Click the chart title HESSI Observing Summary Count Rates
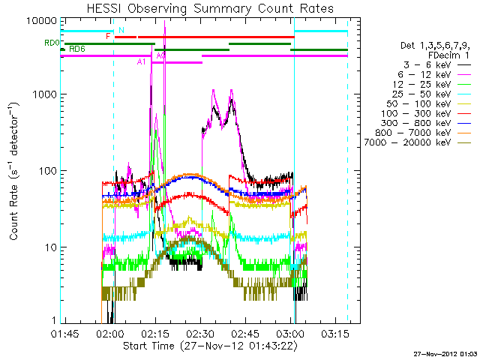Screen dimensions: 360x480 pos(210,8)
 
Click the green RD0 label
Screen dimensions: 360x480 pos(50,43)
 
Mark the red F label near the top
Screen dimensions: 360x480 pos(109,36)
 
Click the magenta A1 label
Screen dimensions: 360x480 pos(141,61)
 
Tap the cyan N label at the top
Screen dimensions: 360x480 pos(121,30)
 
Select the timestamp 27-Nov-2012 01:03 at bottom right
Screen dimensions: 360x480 pos(445,352)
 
